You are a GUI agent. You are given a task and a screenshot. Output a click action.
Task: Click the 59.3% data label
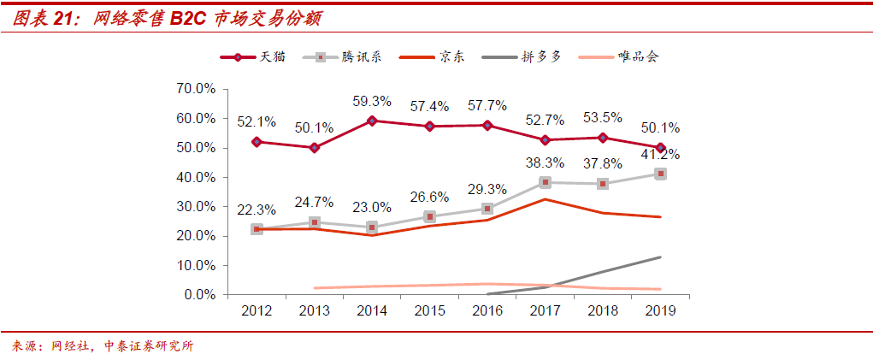(x=372, y=102)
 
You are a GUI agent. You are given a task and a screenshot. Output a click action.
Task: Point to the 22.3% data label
(x=257, y=211)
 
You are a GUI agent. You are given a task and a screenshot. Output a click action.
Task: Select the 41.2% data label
(x=659, y=155)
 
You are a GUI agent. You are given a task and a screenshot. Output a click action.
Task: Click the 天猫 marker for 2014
(x=372, y=121)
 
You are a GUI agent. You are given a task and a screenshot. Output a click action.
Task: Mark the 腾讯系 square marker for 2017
(x=546, y=182)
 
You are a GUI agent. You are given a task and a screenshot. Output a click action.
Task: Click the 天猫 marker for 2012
(x=257, y=142)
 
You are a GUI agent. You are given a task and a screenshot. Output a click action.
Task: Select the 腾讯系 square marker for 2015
(x=429, y=216)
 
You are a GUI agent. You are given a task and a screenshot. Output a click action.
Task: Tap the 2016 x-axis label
(x=487, y=311)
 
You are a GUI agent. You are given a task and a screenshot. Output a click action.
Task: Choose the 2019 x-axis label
(x=660, y=311)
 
